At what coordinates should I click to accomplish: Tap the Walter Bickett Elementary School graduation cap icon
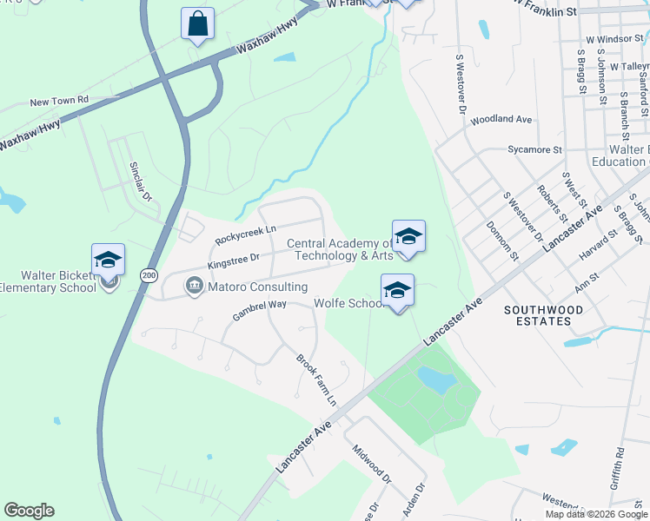point(109,260)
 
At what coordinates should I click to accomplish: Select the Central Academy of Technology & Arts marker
point(408,236)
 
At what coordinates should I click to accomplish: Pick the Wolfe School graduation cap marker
point(397,291)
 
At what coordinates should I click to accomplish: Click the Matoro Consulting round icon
point(193,286)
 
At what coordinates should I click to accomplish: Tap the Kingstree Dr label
point(234,260)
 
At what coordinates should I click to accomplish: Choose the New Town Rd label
point(59,102)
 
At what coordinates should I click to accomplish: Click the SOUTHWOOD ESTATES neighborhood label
point(539,315)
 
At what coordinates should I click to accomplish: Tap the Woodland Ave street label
point(501,119)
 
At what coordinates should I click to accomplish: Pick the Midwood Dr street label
point(372,464)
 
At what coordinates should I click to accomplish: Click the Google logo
point(29,511)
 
